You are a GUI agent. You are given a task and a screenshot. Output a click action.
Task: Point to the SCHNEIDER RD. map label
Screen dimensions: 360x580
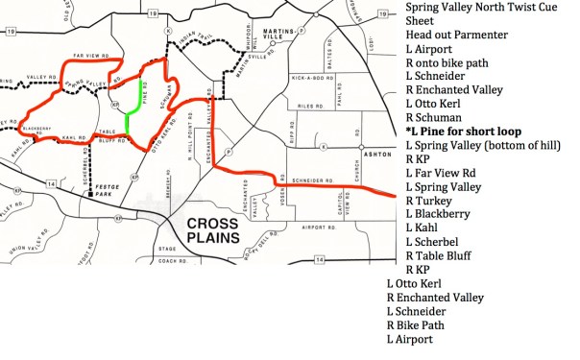(x=320, y=180)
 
